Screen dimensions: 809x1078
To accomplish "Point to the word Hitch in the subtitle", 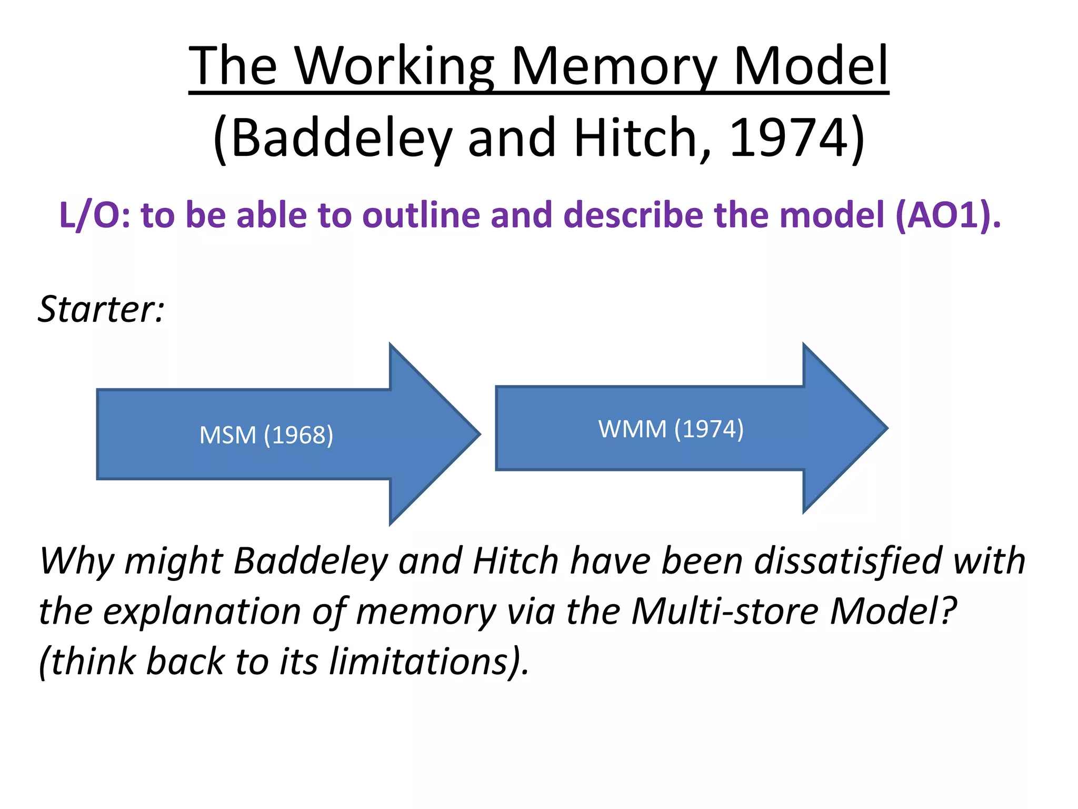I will [642, 138].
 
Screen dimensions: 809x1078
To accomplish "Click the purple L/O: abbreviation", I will [95, 215].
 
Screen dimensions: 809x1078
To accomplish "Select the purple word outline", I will [421, 215].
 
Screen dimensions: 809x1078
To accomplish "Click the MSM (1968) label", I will [266, 435].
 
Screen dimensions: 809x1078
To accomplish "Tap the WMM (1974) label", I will [671, 429].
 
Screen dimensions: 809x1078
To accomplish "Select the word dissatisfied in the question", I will [847, 560].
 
